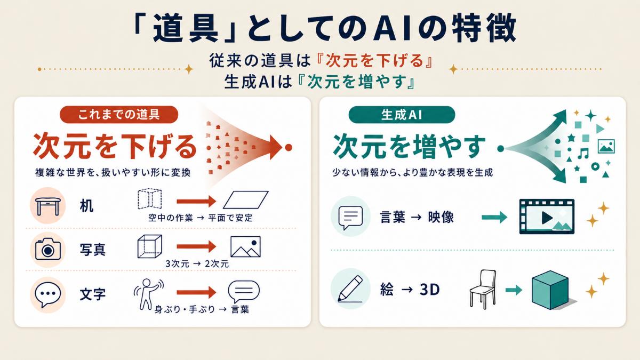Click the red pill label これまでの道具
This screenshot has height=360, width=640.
click(119, 115)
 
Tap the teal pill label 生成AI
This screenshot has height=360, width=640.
click(402, 115)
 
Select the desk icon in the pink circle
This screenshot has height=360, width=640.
click(47, 206)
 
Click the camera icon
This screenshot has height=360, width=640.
click(48, 250)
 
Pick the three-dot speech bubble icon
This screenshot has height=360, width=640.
click(47, 294)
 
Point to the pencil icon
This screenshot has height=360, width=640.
click(350, 289)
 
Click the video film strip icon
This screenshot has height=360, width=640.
click(547, 217)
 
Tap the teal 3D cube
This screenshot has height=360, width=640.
click(550, 290)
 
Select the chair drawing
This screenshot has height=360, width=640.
click(483, 290)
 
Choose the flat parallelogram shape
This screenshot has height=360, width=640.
click(246, 199)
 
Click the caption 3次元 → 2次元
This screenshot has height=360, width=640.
click(197, 263)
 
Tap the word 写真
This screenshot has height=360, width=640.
click(93, 250)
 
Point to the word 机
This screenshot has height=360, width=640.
click(86, 206)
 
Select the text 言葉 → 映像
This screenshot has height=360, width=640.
click(417, 218)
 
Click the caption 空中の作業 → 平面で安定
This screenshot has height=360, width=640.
click(201, 218)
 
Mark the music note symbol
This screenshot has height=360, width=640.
click(583, 154)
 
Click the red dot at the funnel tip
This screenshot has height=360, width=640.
click(289, 147)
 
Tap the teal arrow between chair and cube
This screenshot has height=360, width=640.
click(514, 290)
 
